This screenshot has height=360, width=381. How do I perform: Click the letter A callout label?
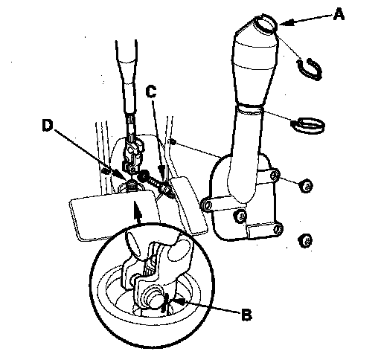339,14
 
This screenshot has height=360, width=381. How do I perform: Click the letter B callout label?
246,315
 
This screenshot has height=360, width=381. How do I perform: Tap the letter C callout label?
151,91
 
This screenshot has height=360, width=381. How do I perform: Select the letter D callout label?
48,125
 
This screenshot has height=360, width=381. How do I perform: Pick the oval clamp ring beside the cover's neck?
307,125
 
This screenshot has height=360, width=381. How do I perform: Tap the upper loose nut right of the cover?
307,186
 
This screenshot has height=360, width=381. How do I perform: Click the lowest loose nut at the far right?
305,240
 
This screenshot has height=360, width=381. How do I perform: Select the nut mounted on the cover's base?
240,216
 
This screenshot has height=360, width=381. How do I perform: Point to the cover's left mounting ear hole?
207,205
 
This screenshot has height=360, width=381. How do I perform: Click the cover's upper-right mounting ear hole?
275,176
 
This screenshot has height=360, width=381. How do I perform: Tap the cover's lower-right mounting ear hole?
278,228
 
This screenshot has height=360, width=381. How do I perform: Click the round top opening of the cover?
266,24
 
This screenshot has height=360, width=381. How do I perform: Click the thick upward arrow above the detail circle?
138,213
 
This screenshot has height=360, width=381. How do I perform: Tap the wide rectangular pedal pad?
114,215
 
